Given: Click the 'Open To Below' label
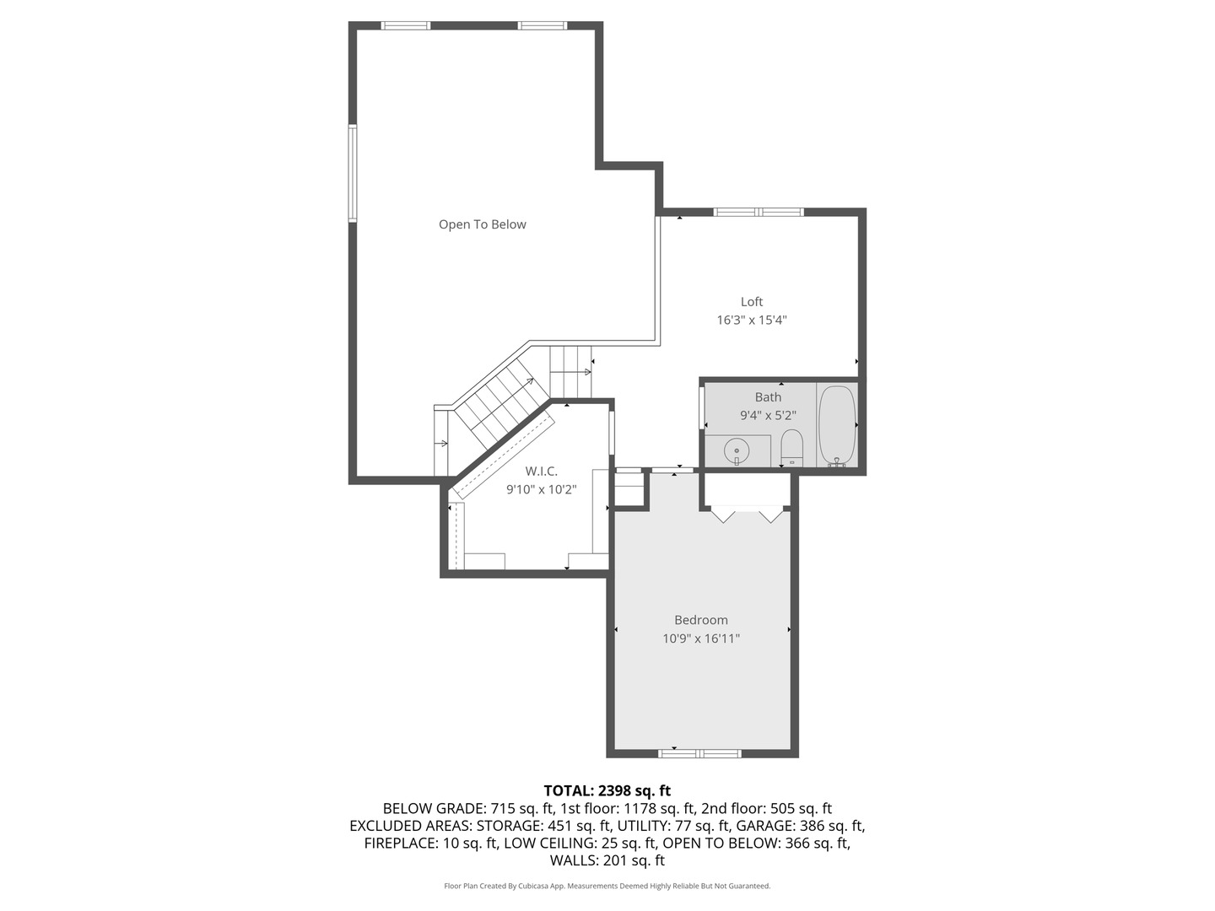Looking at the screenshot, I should (x=482, y=224).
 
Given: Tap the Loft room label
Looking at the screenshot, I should (x=751, y=302).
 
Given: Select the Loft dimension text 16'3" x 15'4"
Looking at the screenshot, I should (x=751, y=321).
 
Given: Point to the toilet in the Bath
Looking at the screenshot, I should (x=791, y=447).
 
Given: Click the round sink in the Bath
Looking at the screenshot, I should (x=737, y=451).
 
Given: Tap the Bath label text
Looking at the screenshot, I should (x=768, y=397).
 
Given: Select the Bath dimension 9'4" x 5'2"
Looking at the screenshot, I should (x=768, y=416).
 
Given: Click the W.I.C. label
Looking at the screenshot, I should (x=541, y=472).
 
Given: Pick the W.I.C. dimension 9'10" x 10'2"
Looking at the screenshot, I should (x=541, y=490).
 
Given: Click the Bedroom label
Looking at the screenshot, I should (x=700, y=620).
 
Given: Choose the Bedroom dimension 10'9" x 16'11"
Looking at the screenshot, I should (x=700, y=639).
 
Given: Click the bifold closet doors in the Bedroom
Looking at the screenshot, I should (x=747, y=514).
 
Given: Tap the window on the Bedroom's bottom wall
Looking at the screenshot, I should (x=700, y=753).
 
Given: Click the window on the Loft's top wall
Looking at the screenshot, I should (x=759, y=212).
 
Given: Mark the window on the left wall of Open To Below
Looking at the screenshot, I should (x=353, y=173).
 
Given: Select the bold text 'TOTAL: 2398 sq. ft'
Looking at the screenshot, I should (x=607, y=791).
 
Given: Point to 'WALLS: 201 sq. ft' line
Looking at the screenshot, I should (x=607, y=861).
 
